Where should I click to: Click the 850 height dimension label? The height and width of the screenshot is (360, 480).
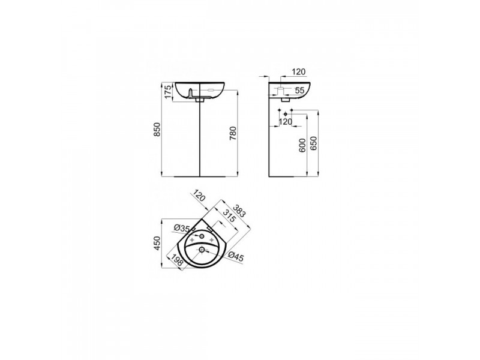point(157,130)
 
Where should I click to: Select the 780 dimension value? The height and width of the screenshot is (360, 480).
point(233,133)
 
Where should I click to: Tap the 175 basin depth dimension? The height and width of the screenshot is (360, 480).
point(168,92)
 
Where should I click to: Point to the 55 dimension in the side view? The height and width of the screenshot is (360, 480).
point(299,91)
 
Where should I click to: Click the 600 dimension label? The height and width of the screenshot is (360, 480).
point(302,145)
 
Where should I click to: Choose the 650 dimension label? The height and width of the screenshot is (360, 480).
point(314,143)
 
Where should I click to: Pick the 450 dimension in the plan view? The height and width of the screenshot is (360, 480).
point(157,244)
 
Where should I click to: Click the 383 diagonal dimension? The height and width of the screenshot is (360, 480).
point(239,211)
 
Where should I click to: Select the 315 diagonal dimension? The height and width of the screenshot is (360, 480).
point(229,216)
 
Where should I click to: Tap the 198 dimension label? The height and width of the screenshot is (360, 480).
point(176,260)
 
